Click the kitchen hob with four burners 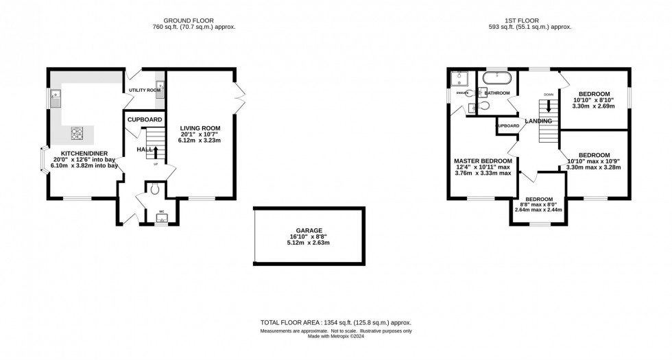pos(75,133)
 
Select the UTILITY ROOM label pos(145,90)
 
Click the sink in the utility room pos(160,94)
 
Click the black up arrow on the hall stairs pos(156,152)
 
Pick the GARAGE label pos(305,230)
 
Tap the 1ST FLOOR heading pos(536,20)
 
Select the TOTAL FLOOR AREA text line pos(335,322)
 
